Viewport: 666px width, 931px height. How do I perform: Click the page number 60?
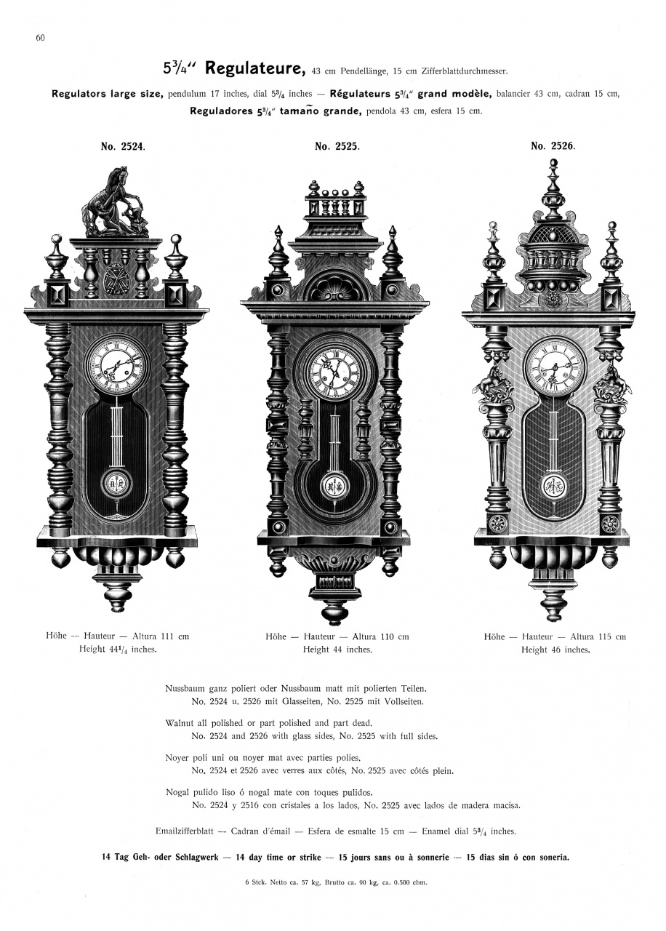(x=40, y=39)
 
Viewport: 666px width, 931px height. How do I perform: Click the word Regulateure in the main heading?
(x=254, y=69)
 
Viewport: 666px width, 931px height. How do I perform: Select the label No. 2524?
(x=122, y=146)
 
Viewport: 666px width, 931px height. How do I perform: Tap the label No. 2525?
(x=337, y=146)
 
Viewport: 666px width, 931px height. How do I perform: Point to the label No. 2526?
(x=553, y=146)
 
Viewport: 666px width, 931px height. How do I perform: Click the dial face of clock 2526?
(x=554, y=368)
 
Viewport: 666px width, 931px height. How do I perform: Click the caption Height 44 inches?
(x=337, y=650)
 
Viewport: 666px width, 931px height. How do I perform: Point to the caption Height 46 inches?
(x=555, y=650)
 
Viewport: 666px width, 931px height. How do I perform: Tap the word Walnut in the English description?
(x=180, y=723)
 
